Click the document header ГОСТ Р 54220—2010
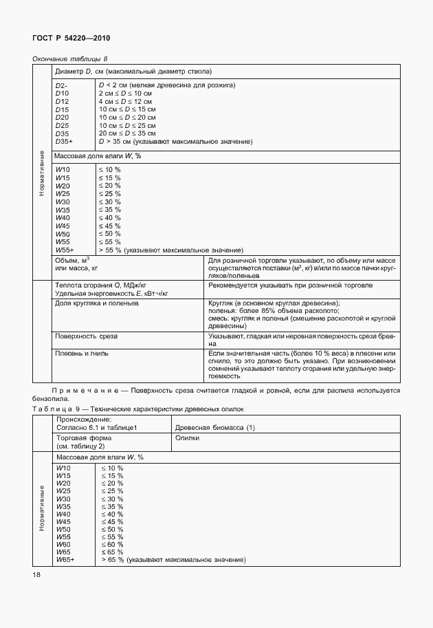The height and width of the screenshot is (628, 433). click(71, 39)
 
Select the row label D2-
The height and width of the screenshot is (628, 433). click(60, 85)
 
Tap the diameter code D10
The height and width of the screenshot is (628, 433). click(62, 93)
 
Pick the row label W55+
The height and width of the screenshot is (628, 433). click(64, 250)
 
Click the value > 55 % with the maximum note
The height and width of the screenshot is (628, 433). click(171, 250)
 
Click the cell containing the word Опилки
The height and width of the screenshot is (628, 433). click(188, 437)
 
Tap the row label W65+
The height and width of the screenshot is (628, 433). click(65, 561)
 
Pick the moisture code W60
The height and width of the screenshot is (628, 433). click(63, 543)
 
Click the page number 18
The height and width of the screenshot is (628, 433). click(37, 574)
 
